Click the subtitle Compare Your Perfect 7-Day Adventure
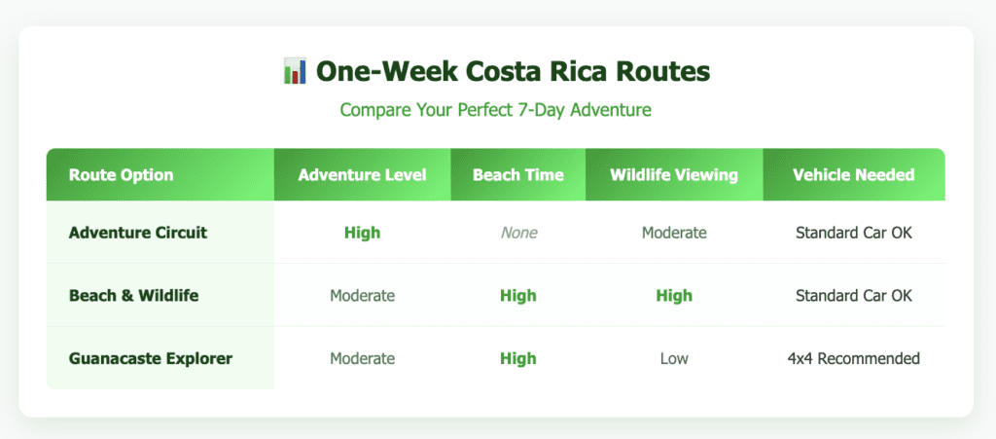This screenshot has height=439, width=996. pos(495,110)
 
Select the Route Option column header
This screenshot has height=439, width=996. pos(122,175)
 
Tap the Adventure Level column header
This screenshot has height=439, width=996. pos(362,175)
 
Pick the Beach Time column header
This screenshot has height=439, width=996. pos(517,175)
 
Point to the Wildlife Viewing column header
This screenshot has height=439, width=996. pos(674,175)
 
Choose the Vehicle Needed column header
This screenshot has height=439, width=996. pos(853,175)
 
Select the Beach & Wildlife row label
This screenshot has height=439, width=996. pos(134,295)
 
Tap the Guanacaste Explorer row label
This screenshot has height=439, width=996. pos(151,358)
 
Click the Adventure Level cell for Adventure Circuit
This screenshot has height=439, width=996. pos(362,233)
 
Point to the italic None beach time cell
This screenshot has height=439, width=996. pos(517,233)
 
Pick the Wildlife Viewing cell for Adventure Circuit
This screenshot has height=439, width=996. pos(674,233)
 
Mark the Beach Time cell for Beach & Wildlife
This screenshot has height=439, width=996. pos(517,295)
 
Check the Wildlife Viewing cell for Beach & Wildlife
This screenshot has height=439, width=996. pos(674,295)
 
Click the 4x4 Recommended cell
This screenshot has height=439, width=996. pos(853,358)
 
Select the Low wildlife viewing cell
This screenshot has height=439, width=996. pos(674,358)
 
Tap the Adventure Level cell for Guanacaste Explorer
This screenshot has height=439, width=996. pos(362,358)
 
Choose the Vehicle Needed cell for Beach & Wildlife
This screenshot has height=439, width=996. pos(853,295)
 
